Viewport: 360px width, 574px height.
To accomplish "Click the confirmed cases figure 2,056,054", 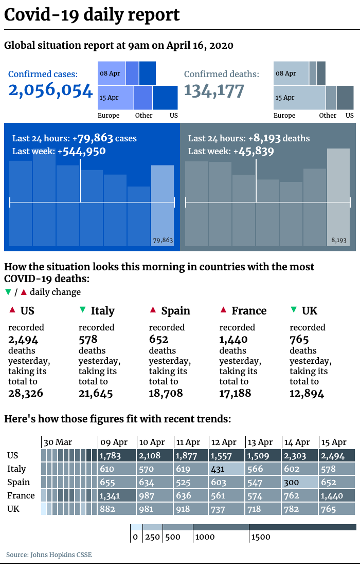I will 50,90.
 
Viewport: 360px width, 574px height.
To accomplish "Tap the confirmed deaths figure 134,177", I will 213,90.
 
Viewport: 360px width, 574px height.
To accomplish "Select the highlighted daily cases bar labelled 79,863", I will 163,206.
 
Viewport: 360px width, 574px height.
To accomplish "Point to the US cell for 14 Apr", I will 300,456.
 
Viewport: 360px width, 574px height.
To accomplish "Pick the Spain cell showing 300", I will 300,483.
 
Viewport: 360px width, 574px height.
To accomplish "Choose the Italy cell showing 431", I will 226,469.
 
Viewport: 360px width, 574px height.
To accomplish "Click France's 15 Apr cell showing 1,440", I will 337,496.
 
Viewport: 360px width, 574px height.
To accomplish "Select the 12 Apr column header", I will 224,442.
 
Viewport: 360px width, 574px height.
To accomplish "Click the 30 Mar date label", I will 58,442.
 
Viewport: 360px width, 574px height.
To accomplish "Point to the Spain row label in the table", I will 19,483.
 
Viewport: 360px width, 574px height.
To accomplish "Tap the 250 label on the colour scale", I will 152,537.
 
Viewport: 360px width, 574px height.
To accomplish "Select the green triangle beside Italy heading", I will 82,310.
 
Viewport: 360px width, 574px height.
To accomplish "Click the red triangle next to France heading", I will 223,310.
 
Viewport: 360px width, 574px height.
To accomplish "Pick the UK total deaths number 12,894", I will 307,394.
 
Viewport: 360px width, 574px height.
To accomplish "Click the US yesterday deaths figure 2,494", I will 23,339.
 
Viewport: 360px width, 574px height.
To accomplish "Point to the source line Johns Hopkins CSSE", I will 49,555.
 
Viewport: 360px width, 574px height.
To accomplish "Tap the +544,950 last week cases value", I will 84,151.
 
